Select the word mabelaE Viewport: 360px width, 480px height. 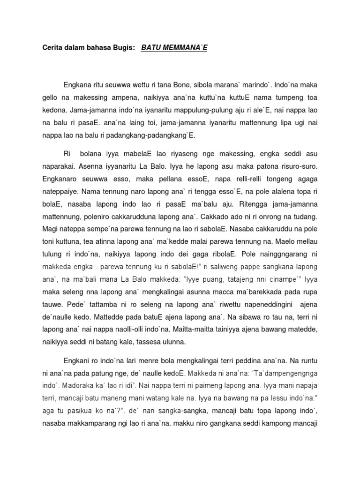click(x=129, y=153)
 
